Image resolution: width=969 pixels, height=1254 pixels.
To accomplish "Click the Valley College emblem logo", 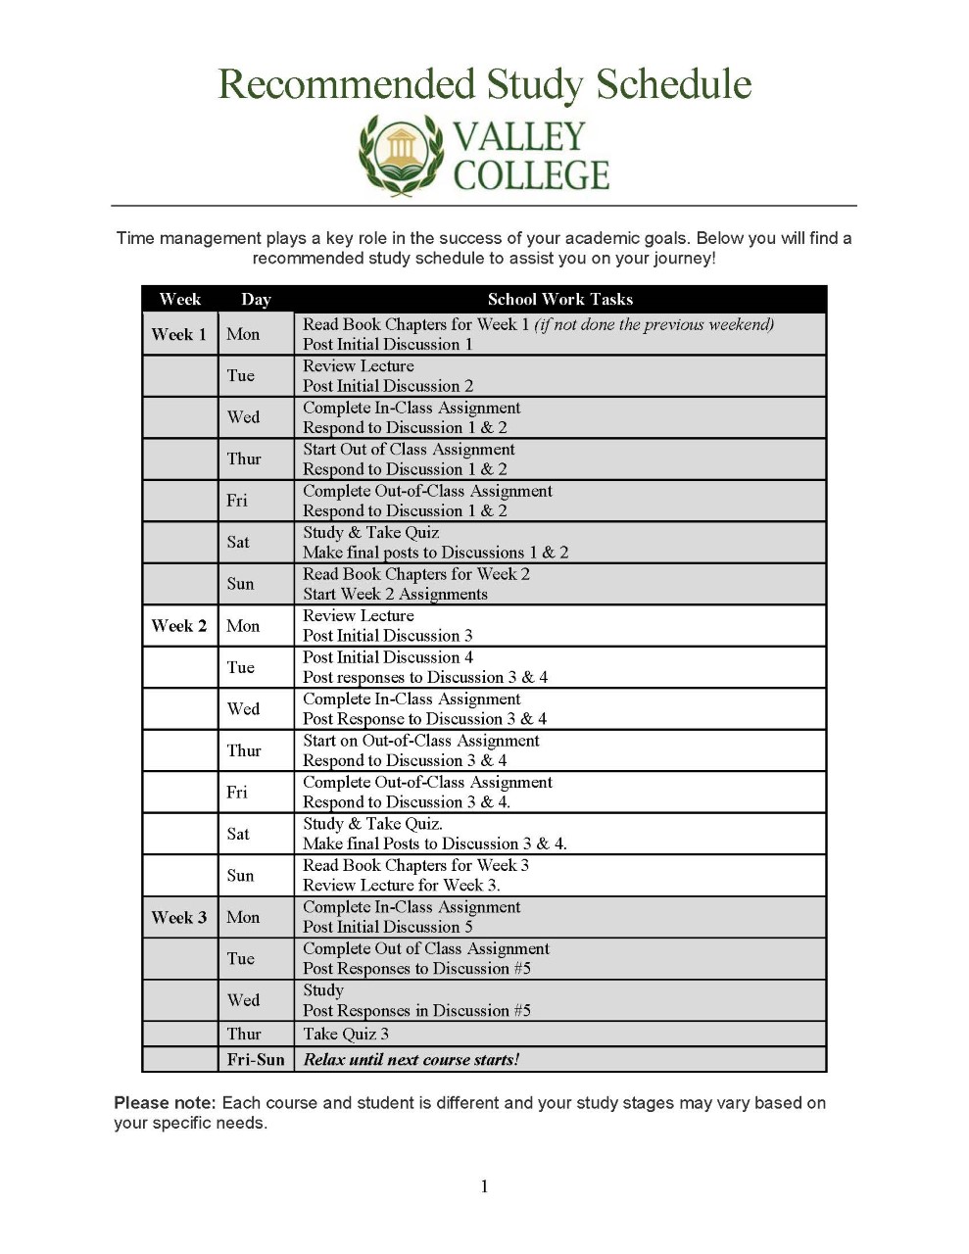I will pyautogui.click(x=401, y=154).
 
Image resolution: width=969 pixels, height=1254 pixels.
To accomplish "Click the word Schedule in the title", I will pyautogui.click(x=673, y=84).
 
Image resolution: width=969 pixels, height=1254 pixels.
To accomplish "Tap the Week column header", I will pyautogui.click(x=179, y=300).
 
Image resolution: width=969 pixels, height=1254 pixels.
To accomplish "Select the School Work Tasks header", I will pyautogui.click(x=559, y=300).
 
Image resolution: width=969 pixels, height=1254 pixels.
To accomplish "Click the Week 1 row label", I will pyautogui.click(x=178, y=334).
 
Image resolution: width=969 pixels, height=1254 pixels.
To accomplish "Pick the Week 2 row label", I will pyautogui.click(x=178, y=626).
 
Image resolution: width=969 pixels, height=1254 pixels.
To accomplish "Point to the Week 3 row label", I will pyautogui.click(x=178, y=918).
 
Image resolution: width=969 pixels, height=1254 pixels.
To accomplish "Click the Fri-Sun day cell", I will pyautogui.click(x=256, y=1060).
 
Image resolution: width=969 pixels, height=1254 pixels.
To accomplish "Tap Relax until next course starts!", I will pyautogui.click(x=412, y=1060).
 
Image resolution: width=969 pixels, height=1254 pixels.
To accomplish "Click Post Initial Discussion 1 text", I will pyautogui.click(x=387, y=345).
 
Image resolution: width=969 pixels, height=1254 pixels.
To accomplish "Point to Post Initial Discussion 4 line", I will pyautogui.click(x=387, y=657).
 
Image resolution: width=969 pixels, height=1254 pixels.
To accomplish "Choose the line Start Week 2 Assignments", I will pyautogui.click(x=395, y=595).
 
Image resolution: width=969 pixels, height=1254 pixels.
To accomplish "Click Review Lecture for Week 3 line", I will pyautogui.click(x=401, y=886).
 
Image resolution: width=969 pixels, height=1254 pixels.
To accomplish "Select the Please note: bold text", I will pyautogui.click(x=165, y=1103).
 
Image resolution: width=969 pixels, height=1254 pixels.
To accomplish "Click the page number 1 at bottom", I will pyautogui.click(x=484, y=1187).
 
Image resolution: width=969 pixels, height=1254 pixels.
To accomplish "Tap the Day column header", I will pyautogui.click(x=256, y=300).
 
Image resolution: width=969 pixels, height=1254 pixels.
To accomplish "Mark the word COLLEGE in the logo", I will pyautogui.click(x=531, y=175).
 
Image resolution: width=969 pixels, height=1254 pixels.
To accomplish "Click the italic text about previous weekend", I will pyautogui.click(x=654, y=324).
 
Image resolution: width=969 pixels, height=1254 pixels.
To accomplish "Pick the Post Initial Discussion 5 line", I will pyautogui.click(x=387, y=928).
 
